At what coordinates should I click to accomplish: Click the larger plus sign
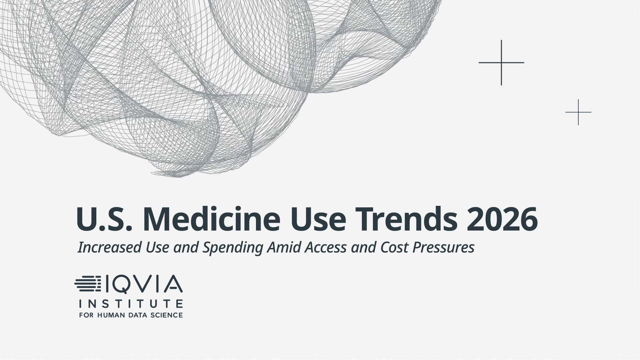click(501, 63)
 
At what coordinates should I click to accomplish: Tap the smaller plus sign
click(578, 112)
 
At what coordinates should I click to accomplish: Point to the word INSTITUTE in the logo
click(131, 304)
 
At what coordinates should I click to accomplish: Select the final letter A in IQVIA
click(173, 284)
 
